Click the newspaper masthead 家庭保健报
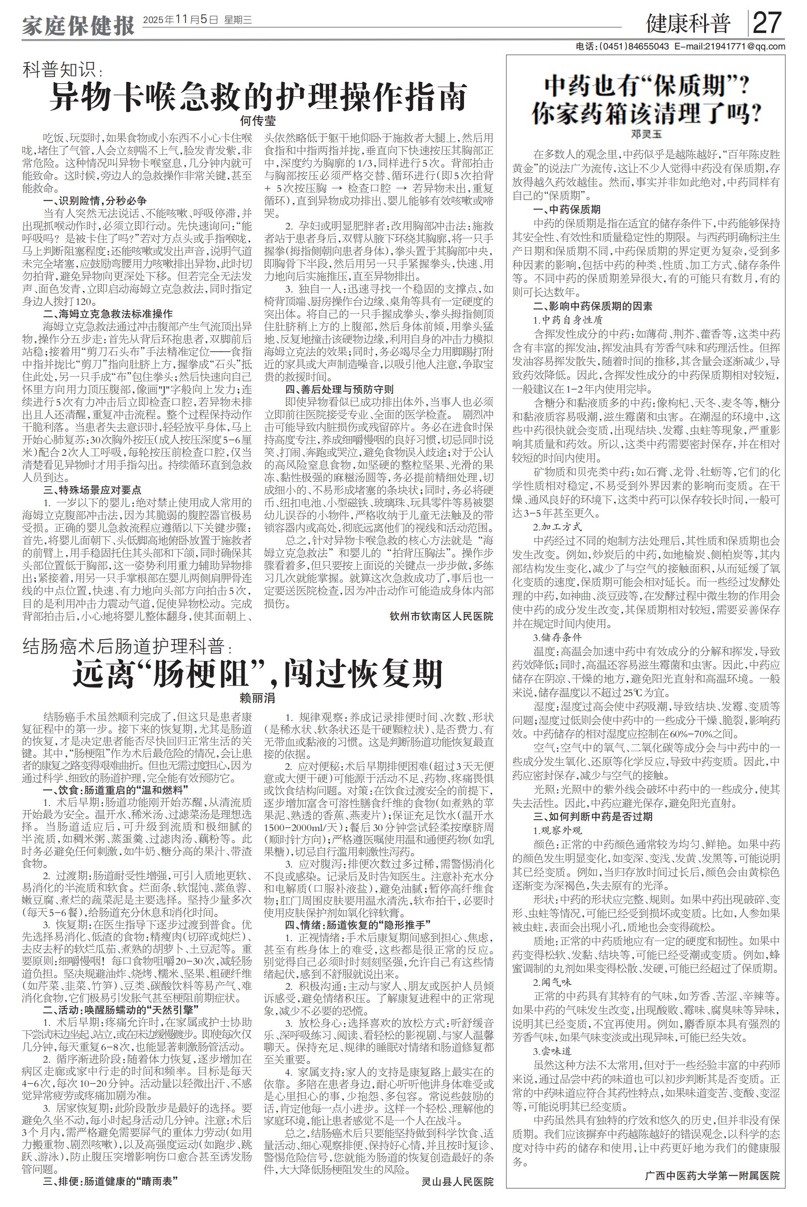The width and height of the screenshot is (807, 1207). (78, 24)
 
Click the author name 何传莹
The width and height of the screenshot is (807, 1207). (258, 121)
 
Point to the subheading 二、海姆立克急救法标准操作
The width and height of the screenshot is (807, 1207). (108, 314)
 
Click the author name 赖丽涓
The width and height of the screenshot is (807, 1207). (258, 698)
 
